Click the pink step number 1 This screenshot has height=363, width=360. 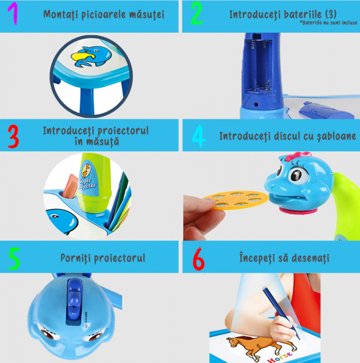(13, 13)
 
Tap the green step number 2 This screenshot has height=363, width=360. (197, 13)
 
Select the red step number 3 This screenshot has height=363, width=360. (13, 136)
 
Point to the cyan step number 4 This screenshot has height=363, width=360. (198, 136)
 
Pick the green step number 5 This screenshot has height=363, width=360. (14, 258)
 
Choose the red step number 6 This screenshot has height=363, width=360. (198, 259)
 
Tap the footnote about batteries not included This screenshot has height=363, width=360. (328, 22)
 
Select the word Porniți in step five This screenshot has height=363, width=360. (76, 258)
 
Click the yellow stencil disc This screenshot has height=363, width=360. (236, 200)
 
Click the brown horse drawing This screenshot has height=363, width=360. (260, 346)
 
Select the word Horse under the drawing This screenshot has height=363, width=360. (279, 357)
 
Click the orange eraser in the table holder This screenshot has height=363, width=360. (70, 187)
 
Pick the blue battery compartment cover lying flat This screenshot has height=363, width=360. (326, 110)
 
